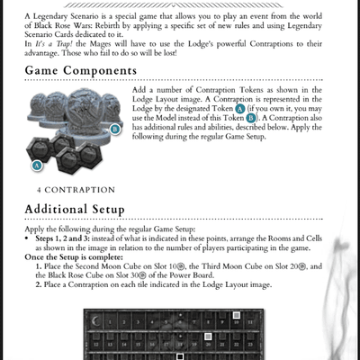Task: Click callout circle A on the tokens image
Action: click(37, 166)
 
